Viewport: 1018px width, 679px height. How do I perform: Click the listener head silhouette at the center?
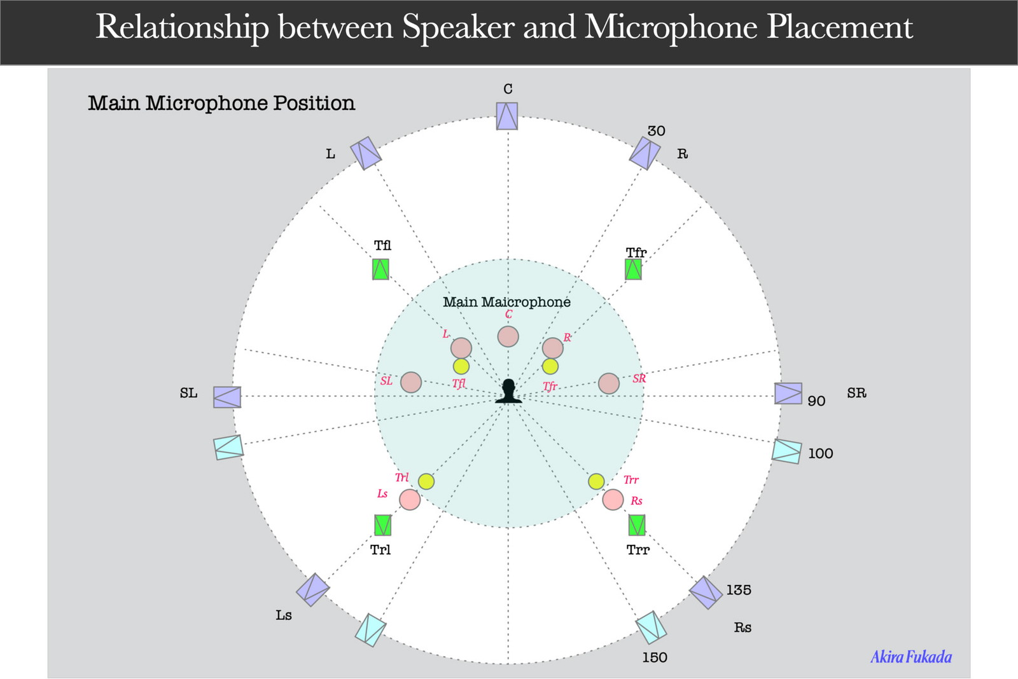(x=508, y=391)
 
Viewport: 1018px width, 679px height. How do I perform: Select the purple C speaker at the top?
(x=506, y=116)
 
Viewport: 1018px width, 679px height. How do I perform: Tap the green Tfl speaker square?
(x=381, y=269)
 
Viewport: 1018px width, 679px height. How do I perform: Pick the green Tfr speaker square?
(x=633, y=269)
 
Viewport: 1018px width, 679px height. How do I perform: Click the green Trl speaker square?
(x=382, y=525)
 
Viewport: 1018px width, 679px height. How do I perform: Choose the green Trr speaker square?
(x=637, y=525)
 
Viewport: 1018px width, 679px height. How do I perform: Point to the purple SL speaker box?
(x=227, y=397)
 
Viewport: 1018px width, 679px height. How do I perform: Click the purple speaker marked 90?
(x=788, y=394)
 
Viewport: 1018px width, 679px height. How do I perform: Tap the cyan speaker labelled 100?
(x=786, y=451)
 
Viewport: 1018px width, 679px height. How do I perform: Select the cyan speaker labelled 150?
(x=651, y=628)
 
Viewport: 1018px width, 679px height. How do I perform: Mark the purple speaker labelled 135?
(x=706, y=593)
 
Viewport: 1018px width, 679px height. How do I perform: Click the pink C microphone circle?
(x=508, y=336)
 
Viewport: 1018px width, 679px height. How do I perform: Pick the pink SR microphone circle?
(x=608, y=383)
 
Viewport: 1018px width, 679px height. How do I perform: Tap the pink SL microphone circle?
(x=411, y=383)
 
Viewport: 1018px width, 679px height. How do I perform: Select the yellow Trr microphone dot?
(x=596, y=481)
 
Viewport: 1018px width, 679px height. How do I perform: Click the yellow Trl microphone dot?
(x=426, y=481)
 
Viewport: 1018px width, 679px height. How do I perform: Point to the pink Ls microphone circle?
(x=410, y=500)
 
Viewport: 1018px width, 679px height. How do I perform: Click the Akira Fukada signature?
(x=911, y=657)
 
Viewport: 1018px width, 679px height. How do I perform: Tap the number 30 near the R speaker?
(x=656, y=131)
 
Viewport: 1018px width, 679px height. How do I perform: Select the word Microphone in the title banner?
(x=671, y=27)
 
